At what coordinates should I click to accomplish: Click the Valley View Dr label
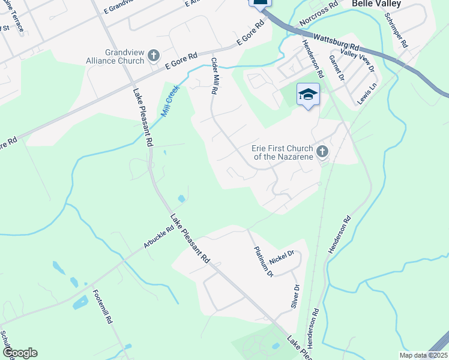coord(357,59)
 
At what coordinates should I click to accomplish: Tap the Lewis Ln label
coord(366,94)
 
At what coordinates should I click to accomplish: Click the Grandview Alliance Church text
coord(124,56)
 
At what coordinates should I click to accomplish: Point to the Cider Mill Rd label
coord(214,76)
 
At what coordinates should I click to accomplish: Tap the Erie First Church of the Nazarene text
coord(282,152)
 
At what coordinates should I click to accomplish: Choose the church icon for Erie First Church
coord(322,151)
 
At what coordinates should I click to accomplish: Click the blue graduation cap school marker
coord(308,95)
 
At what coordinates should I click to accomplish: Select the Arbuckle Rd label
coord(158,237)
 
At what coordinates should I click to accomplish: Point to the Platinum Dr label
coord(263,262)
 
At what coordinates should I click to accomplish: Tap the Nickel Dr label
coord(281,257)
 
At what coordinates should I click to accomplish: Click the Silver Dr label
coord(295,295)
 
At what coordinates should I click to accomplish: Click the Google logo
coord(20,353)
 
